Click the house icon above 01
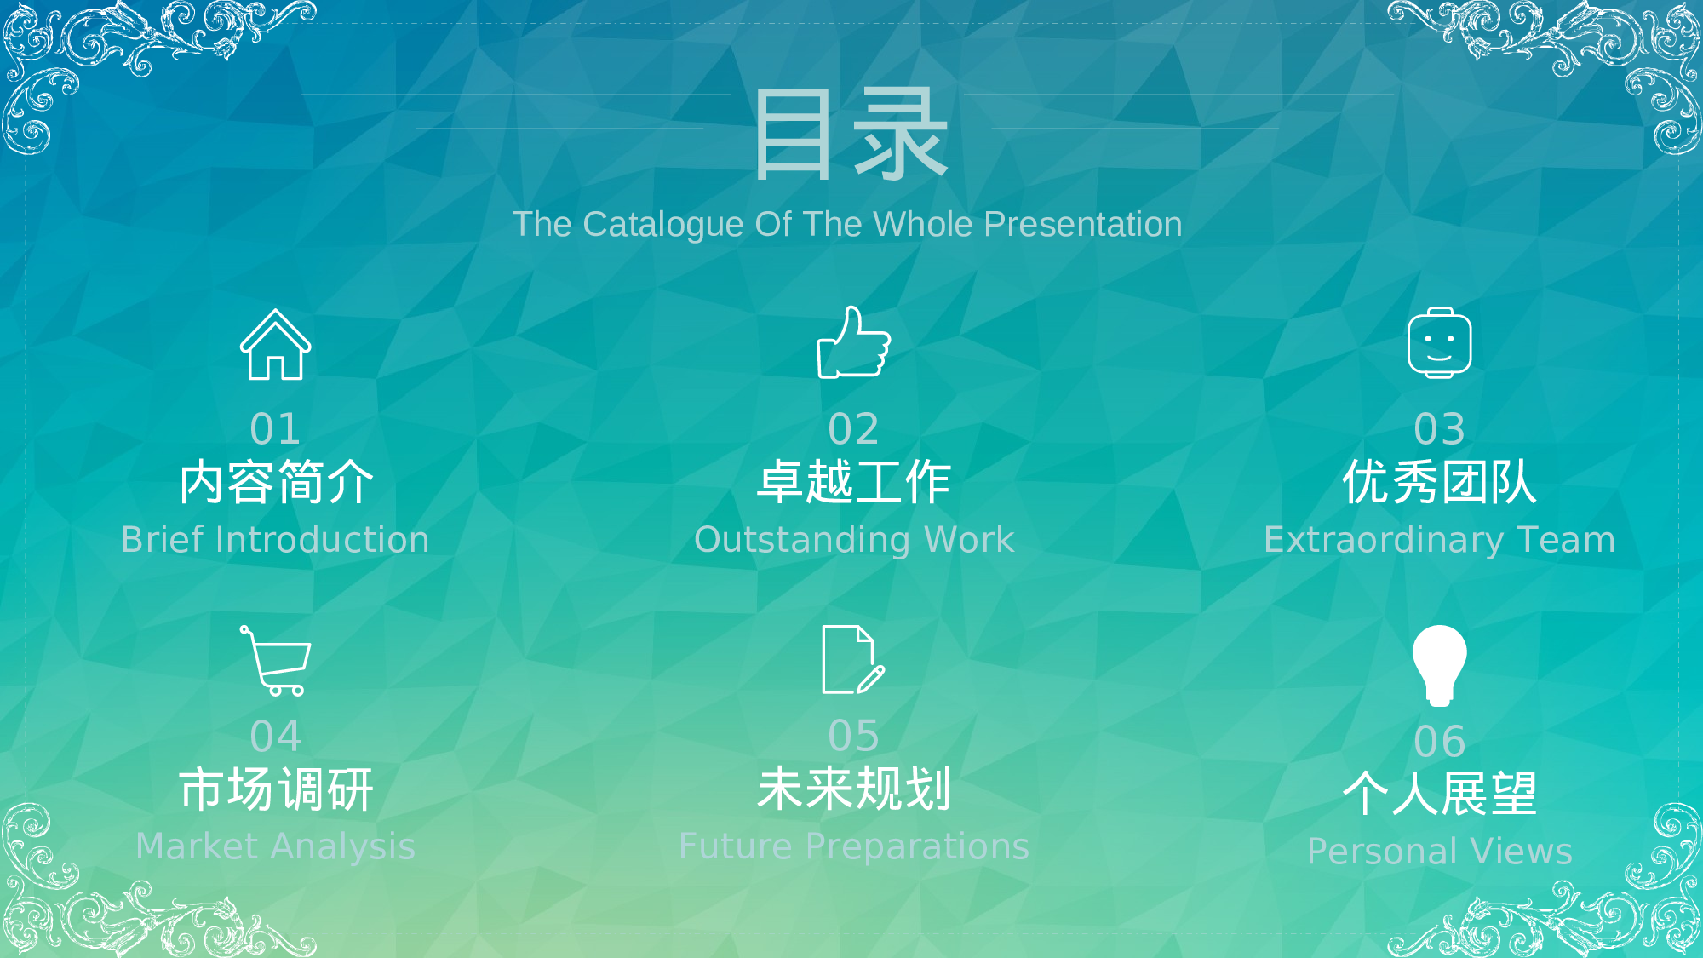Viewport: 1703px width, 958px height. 275,345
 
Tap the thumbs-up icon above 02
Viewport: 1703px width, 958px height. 853,343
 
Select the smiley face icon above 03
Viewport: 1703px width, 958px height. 1439,343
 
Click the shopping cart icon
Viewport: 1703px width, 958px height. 276,661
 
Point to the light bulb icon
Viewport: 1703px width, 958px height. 1439,665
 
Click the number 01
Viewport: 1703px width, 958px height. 275,429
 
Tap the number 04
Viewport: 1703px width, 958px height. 275,737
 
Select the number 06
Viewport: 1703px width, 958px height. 1439,742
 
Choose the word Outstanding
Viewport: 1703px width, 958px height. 802,540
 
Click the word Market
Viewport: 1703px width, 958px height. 197,846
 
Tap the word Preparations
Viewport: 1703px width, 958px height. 917,846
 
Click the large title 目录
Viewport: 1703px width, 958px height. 850,135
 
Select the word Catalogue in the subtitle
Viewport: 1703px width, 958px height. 675,225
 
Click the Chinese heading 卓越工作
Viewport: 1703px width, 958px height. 853,483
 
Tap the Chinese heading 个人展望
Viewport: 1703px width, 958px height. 1439,795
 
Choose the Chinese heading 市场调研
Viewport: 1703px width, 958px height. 276,789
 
